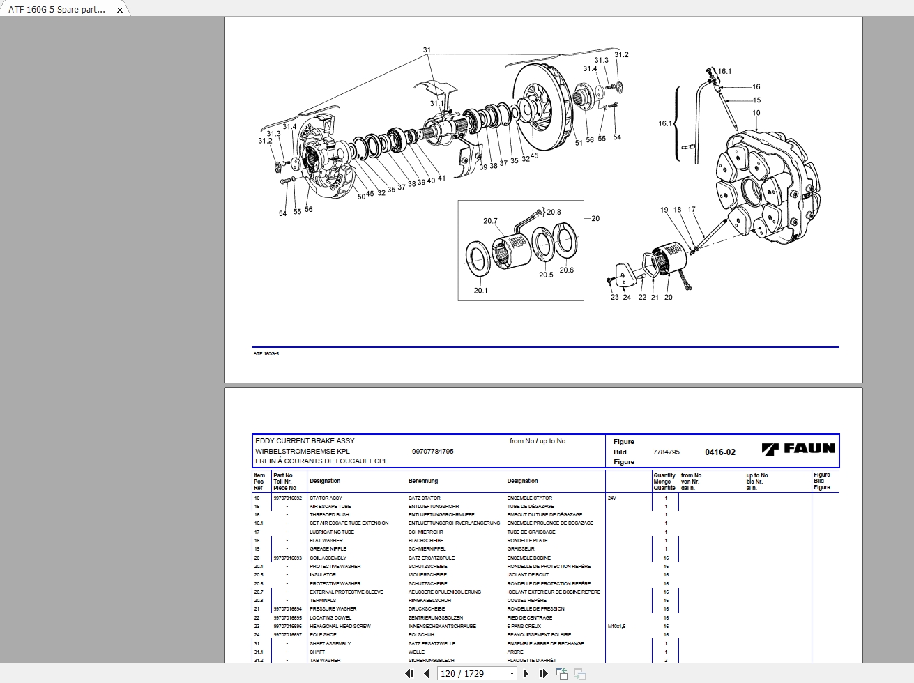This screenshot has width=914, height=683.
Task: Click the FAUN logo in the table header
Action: click(x=798, y=449)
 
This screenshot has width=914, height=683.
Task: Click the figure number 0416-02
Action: click(x=719, y=452)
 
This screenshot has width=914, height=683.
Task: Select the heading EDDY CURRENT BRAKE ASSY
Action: click(x=305, y=441)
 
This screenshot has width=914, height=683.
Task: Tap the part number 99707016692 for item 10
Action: click(x=288, y=498)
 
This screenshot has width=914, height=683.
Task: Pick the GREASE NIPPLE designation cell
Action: click(x=328, y=549)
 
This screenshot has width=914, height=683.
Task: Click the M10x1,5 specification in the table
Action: click(x=616, y=627)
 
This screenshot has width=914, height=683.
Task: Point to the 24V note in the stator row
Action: click(x=612, y=498)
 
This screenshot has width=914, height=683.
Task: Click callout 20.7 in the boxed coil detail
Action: click(x=490, y=221)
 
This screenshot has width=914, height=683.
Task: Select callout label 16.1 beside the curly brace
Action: click(x=665, y=123)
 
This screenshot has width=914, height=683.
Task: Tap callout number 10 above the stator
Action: click(x=756, y=113)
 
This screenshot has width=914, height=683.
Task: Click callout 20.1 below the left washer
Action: click(x=480, y=291)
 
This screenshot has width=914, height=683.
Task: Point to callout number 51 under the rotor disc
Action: click(x=579, y=143)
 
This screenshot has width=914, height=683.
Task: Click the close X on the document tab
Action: click(x=120, y=10)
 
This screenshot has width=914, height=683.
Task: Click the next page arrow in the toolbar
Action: click(x=526, y=673)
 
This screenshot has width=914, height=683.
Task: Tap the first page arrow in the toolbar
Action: click(x=409, y=673)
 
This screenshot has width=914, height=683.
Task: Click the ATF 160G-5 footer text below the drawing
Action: click(x=266, y=354)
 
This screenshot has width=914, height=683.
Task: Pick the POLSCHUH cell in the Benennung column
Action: click(x=421, y=635)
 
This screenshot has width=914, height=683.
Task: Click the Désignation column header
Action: click(x=522, y=481)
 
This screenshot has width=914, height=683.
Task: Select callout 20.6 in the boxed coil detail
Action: click(x=566, y=270)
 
